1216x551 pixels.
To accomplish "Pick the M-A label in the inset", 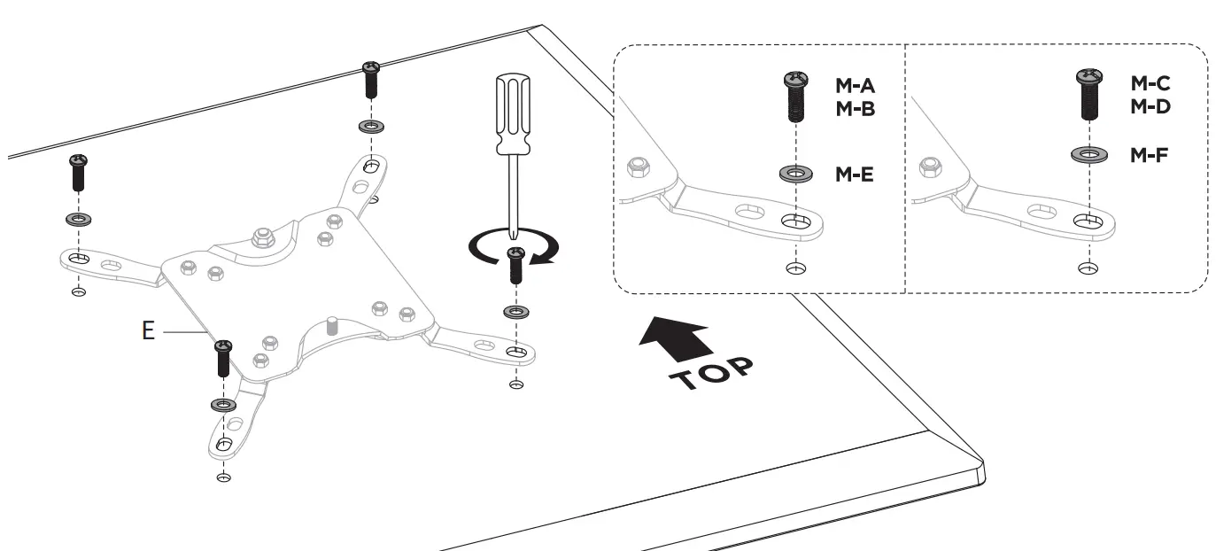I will pos(855,87).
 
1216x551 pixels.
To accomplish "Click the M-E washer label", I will pos(855,175).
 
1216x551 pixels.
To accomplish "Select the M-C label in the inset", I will pos(1150,83).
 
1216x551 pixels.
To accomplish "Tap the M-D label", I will pos(1150,106).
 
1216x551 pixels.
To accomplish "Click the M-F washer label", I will pos(1150,156).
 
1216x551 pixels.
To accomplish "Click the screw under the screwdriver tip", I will pos(515,266).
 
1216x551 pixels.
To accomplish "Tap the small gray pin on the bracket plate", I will pos(333,325).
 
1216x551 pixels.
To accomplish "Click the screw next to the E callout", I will pos(223,358).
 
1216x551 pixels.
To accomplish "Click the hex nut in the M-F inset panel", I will pos(930,166).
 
